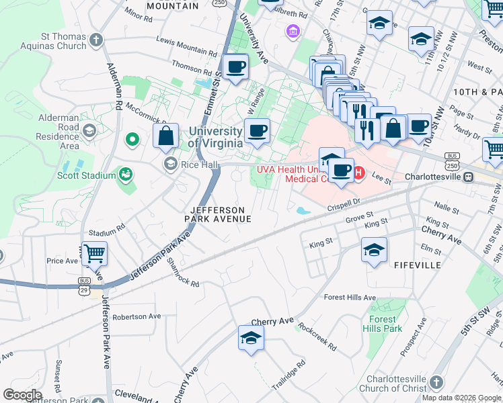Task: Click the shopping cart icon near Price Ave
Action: pyautogui.click(x=95, y=254)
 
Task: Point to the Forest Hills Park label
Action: pyautogui.click(x=382, y=324)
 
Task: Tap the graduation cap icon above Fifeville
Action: pyautogui.click(x=374, y=251)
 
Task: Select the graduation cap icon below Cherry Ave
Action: pyautogui.click(x=251, y=338)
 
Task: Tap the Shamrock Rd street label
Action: pyautogui.click(x=184, y=273)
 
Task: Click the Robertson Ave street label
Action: pyautogui.click(x=137, y=316)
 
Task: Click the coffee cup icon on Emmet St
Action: pyautogui.click(x=235, y=66)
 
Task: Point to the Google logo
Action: pyautogui.click(x=22, y=395)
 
